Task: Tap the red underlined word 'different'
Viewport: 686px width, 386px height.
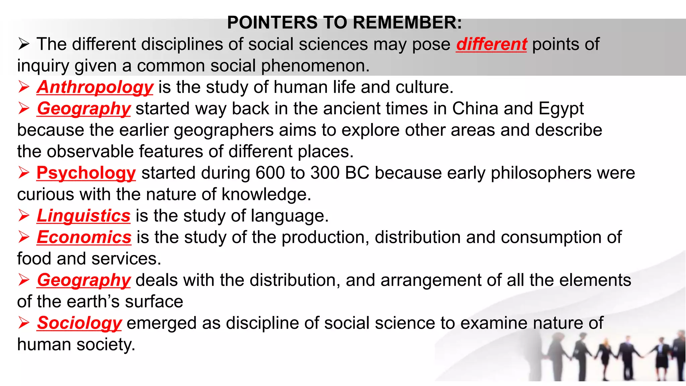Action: (x=491, y=44)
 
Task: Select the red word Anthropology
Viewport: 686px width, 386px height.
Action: (x=95, y=87)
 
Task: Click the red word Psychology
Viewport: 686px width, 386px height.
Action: (x=86, y=173)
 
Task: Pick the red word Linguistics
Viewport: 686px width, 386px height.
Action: (x=83, y=216)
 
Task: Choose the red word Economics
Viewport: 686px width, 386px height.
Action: (x=84, y=237)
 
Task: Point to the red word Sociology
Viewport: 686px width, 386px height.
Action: (x=79, y=323)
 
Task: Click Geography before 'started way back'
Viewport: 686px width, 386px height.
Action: (x=84, y=109)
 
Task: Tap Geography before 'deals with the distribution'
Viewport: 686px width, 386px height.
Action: (x=84, y=280)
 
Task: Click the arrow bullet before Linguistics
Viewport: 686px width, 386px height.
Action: (x=24, y=216)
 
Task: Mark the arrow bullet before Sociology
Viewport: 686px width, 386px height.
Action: (x=24, y=323)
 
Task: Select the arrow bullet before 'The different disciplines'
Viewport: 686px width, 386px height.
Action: (x=24, y=44)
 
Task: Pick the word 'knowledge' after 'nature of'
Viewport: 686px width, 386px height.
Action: (x=266, y=194)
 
